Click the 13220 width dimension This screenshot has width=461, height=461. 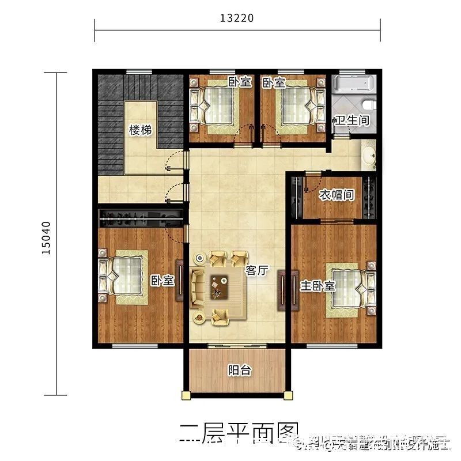[236, 18]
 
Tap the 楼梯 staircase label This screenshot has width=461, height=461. [140, 130]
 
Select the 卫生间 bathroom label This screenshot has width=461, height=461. [352, 121]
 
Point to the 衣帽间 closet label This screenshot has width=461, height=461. [337, 195]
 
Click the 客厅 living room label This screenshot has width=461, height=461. [257, 270]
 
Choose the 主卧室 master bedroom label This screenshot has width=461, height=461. [318, 286]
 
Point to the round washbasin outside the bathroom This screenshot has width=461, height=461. [368, 154]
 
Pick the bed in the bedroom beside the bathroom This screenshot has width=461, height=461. [298, 105]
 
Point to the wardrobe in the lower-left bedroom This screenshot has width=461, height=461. [141, 218]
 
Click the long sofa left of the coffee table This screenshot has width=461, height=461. [198, 286]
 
